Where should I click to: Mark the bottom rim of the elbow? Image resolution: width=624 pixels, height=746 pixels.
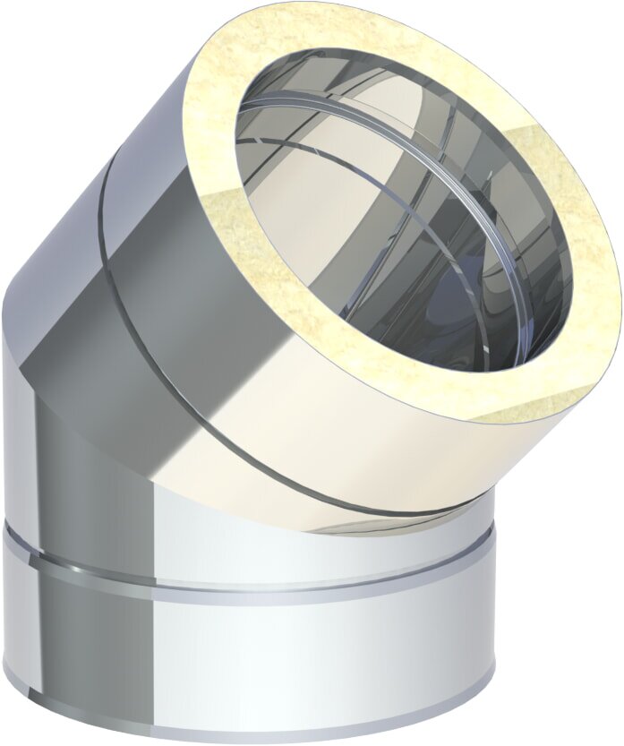click(251, 730)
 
